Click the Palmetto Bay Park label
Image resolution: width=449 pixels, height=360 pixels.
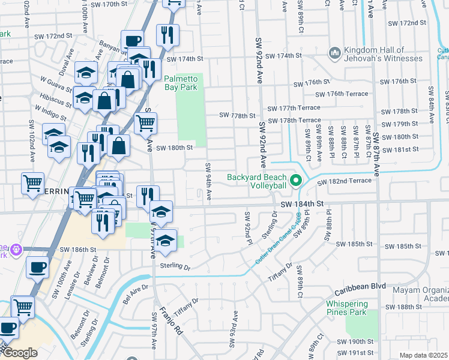181,83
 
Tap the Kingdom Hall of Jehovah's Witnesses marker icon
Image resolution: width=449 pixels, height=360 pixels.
334,54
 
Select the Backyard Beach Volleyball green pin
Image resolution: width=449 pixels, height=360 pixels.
295,180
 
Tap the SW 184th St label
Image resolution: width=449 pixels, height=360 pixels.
303,204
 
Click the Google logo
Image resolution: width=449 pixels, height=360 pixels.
19,353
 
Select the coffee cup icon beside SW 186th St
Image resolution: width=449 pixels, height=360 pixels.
39,268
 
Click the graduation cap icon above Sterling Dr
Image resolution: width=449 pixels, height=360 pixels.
166,239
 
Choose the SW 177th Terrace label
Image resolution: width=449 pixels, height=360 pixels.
294,108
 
